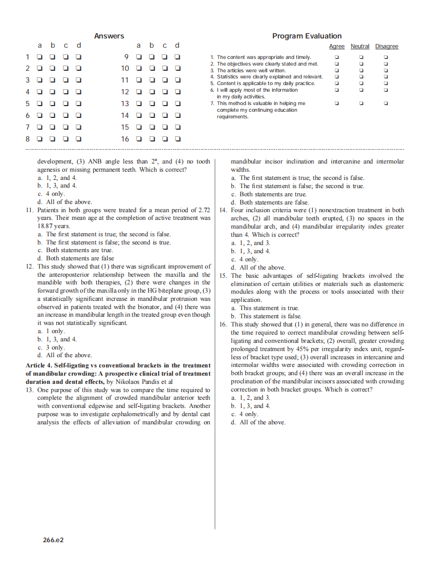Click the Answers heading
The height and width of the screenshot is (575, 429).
109,36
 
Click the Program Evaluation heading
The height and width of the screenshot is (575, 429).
307,36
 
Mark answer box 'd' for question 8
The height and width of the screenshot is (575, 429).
79,139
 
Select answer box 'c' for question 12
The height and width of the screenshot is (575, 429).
164,92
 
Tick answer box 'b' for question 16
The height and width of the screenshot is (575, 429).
152,139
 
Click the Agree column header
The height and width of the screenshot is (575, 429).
336,47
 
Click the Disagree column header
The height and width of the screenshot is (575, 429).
387,47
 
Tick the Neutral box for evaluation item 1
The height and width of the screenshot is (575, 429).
361,57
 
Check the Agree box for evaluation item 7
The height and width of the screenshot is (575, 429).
336,104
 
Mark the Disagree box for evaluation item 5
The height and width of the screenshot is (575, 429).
386,84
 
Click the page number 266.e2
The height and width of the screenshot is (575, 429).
53,540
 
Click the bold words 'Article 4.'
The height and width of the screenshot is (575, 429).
39,365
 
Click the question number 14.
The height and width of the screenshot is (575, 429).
223,210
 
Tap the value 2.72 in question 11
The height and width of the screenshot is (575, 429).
204,210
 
